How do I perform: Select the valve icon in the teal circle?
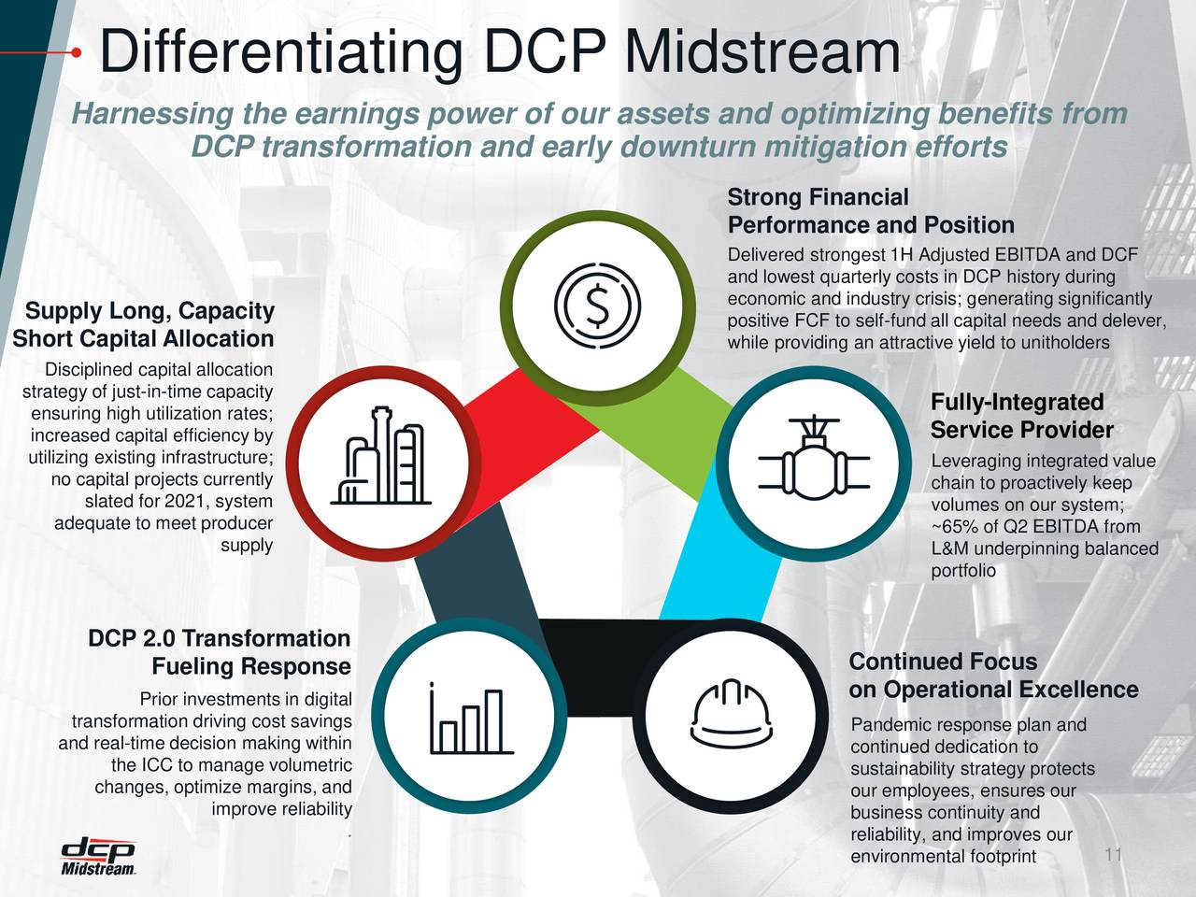coord(813,460)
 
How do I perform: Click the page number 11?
coord(1112,856)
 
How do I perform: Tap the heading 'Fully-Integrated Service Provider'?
coord(1021,417)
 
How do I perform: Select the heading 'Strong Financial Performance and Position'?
coord(870,212)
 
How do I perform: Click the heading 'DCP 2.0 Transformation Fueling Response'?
coord(220,652)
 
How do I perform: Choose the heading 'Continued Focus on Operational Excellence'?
coord(992,676)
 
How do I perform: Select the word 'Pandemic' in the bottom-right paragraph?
coord(886,726)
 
